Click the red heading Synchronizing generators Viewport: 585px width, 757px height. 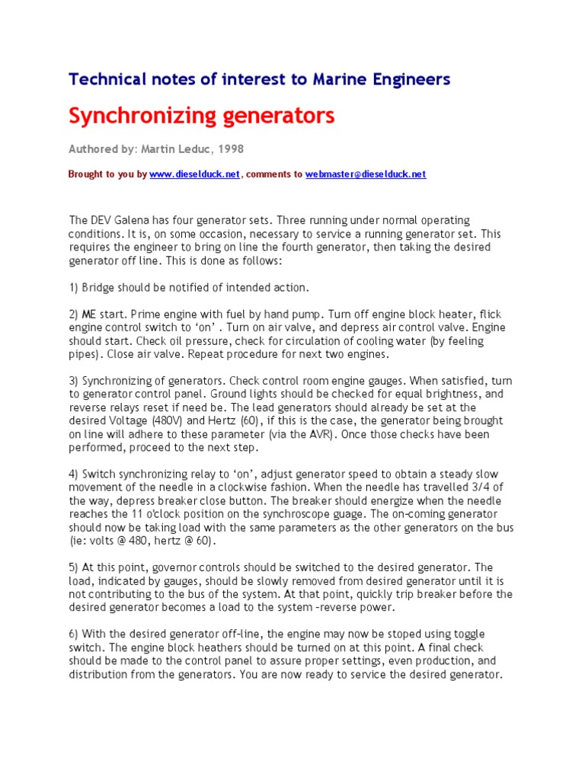(201, 116)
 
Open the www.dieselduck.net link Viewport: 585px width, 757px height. (195, 174)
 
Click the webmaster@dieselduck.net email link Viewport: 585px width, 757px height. (366, 174)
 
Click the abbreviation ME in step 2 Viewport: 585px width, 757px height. (91, 315)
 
